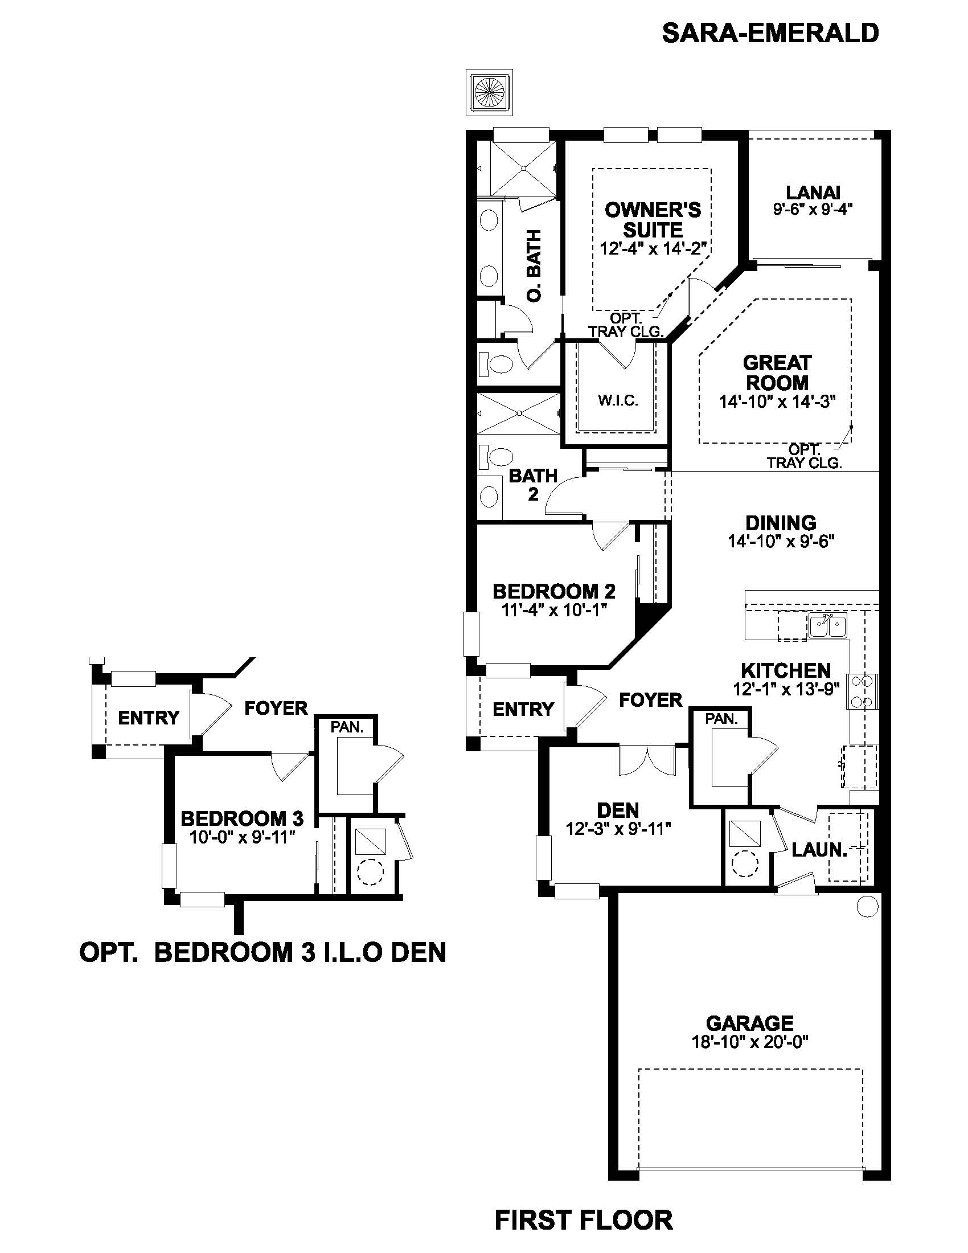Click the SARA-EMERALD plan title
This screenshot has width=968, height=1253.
click(770, 33)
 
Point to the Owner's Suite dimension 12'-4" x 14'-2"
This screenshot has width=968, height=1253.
click(653, 248)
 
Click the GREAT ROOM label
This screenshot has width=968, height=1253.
click(777, 372)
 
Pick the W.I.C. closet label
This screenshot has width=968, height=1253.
click(618, 400)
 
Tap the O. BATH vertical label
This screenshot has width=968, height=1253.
click(535, 265)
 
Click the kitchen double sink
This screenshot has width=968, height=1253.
click(827, 625)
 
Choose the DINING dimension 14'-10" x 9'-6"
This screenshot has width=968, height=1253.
click(781, 541)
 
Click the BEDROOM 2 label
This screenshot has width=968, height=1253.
click(554, 591)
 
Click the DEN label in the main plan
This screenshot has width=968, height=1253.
click(617, 810)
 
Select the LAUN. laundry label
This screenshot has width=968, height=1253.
click(819, 850)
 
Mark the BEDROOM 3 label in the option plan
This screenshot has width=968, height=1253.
click(242, 818)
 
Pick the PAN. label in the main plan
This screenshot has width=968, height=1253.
click(721, 718)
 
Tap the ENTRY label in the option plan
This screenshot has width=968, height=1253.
click(149, 717)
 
